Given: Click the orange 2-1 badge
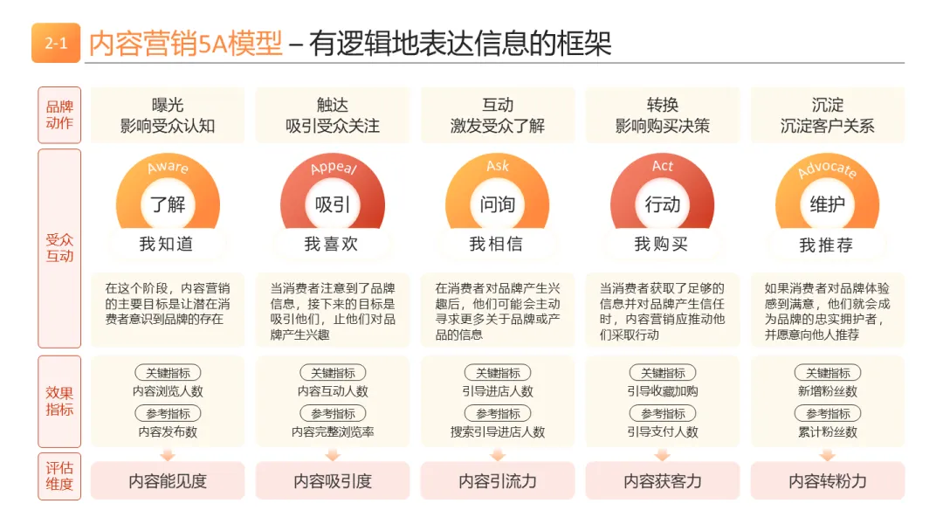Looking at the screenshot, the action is click(55, 43).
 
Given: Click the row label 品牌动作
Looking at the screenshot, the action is click(59, 115).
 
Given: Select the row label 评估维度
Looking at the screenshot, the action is click(59, 476).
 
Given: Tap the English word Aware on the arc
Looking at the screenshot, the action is click(168, 167).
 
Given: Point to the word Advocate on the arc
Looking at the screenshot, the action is click(827, 169).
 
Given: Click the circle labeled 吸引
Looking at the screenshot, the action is click(333, 204).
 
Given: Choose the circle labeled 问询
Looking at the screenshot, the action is click(498, 204).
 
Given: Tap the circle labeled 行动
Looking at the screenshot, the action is click(662, 204).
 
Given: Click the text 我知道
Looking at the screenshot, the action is click(167, 244).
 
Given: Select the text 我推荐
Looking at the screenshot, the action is click(826, 245).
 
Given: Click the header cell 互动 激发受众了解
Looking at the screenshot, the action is click(498, 115).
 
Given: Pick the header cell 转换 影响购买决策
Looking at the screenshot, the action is click(662, 115).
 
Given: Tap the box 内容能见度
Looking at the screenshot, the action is click(168, 480).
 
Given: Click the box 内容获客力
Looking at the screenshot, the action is click(662, 480).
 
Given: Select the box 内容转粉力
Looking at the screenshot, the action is click(828, 480).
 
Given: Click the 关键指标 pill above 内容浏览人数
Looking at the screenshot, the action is click(168, 373).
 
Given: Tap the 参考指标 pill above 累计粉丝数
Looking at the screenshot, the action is click(828, 414).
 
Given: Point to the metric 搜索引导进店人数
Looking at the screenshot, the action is click(498, 431).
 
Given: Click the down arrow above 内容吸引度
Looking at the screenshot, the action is click(333, 455).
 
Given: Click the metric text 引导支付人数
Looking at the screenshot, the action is click(662, 431).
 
